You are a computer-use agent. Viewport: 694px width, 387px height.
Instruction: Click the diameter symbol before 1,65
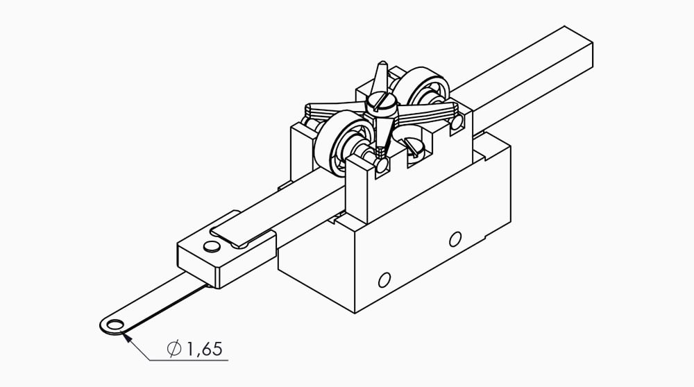point(174,349)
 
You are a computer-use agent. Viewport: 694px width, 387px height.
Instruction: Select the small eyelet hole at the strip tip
point(115,325)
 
